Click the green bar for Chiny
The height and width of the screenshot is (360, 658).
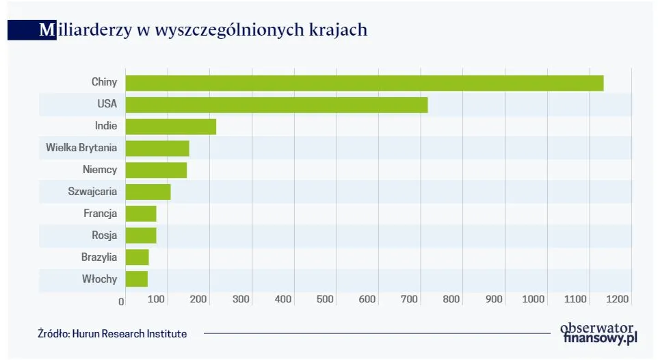[364, 83]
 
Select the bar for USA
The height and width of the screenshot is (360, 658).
[276, 105]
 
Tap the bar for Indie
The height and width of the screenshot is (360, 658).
[170, 127]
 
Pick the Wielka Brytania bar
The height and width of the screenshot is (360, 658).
[157, 149]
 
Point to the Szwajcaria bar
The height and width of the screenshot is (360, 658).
[148, 192]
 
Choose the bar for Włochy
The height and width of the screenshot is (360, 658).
[136, 279]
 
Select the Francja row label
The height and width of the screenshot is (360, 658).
[101, 214]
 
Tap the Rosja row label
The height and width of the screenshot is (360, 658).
[105, 235]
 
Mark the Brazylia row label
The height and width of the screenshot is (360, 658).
[99, 257]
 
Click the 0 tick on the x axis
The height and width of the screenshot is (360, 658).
[122, 300]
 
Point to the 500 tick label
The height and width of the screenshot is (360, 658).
[325, 299]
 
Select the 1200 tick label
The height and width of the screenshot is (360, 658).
[617, 299]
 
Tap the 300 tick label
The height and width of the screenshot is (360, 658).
[241, 299]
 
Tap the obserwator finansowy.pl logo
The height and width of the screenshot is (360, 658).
[598, 332]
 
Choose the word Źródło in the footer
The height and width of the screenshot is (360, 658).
[52, 334]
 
